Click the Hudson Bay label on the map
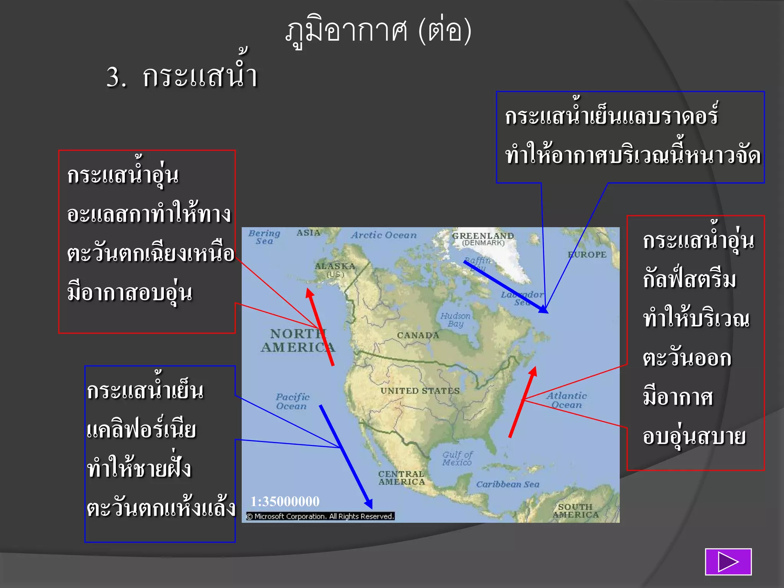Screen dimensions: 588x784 (455, 320)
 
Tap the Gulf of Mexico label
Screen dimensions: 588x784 (457, 459)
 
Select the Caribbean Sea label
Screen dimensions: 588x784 (508, 484)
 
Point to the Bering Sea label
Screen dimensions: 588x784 (264, 237)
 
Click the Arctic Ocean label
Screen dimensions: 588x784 (384, 235)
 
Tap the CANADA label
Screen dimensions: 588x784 (418, 335)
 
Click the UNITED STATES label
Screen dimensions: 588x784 (420, 391)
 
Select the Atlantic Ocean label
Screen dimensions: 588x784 (567, 400)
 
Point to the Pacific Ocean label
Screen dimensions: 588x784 (292, 401)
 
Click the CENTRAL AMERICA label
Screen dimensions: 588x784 (402, 478)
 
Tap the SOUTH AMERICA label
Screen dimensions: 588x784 (575, 511)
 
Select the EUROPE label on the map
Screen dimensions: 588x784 (587, 255)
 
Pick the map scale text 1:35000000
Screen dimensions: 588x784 (285, 501)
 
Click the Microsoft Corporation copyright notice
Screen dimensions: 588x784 (320, 516)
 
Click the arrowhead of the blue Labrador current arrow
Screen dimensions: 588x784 (544, 310)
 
